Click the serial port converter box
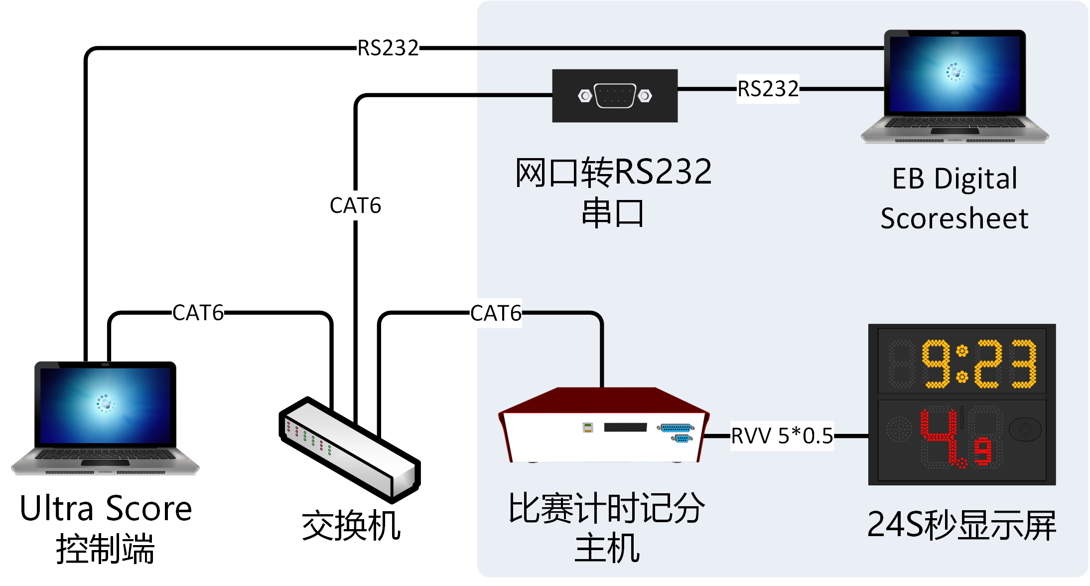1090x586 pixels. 615,96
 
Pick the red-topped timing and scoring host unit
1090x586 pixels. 604,425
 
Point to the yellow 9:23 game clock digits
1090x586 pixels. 978,364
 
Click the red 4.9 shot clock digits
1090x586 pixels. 956,438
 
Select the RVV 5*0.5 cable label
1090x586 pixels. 782,436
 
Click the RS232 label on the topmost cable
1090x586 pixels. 388,48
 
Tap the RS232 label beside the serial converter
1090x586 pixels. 768,89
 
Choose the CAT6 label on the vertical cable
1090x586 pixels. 355,205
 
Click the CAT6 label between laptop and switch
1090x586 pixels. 198,313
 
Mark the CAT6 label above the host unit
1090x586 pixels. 496,313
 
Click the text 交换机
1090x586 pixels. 351,526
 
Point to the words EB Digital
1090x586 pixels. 954,179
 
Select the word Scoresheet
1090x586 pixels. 954,218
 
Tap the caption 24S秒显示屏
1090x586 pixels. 961,525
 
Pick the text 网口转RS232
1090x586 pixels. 613,172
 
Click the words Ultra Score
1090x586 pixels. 106,509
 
